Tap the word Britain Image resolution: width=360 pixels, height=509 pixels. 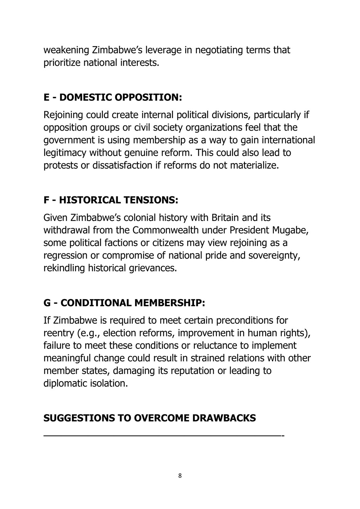point(224,218)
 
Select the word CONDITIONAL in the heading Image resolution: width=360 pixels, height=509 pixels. point(96,303)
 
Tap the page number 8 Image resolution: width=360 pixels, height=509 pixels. point(180,476)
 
